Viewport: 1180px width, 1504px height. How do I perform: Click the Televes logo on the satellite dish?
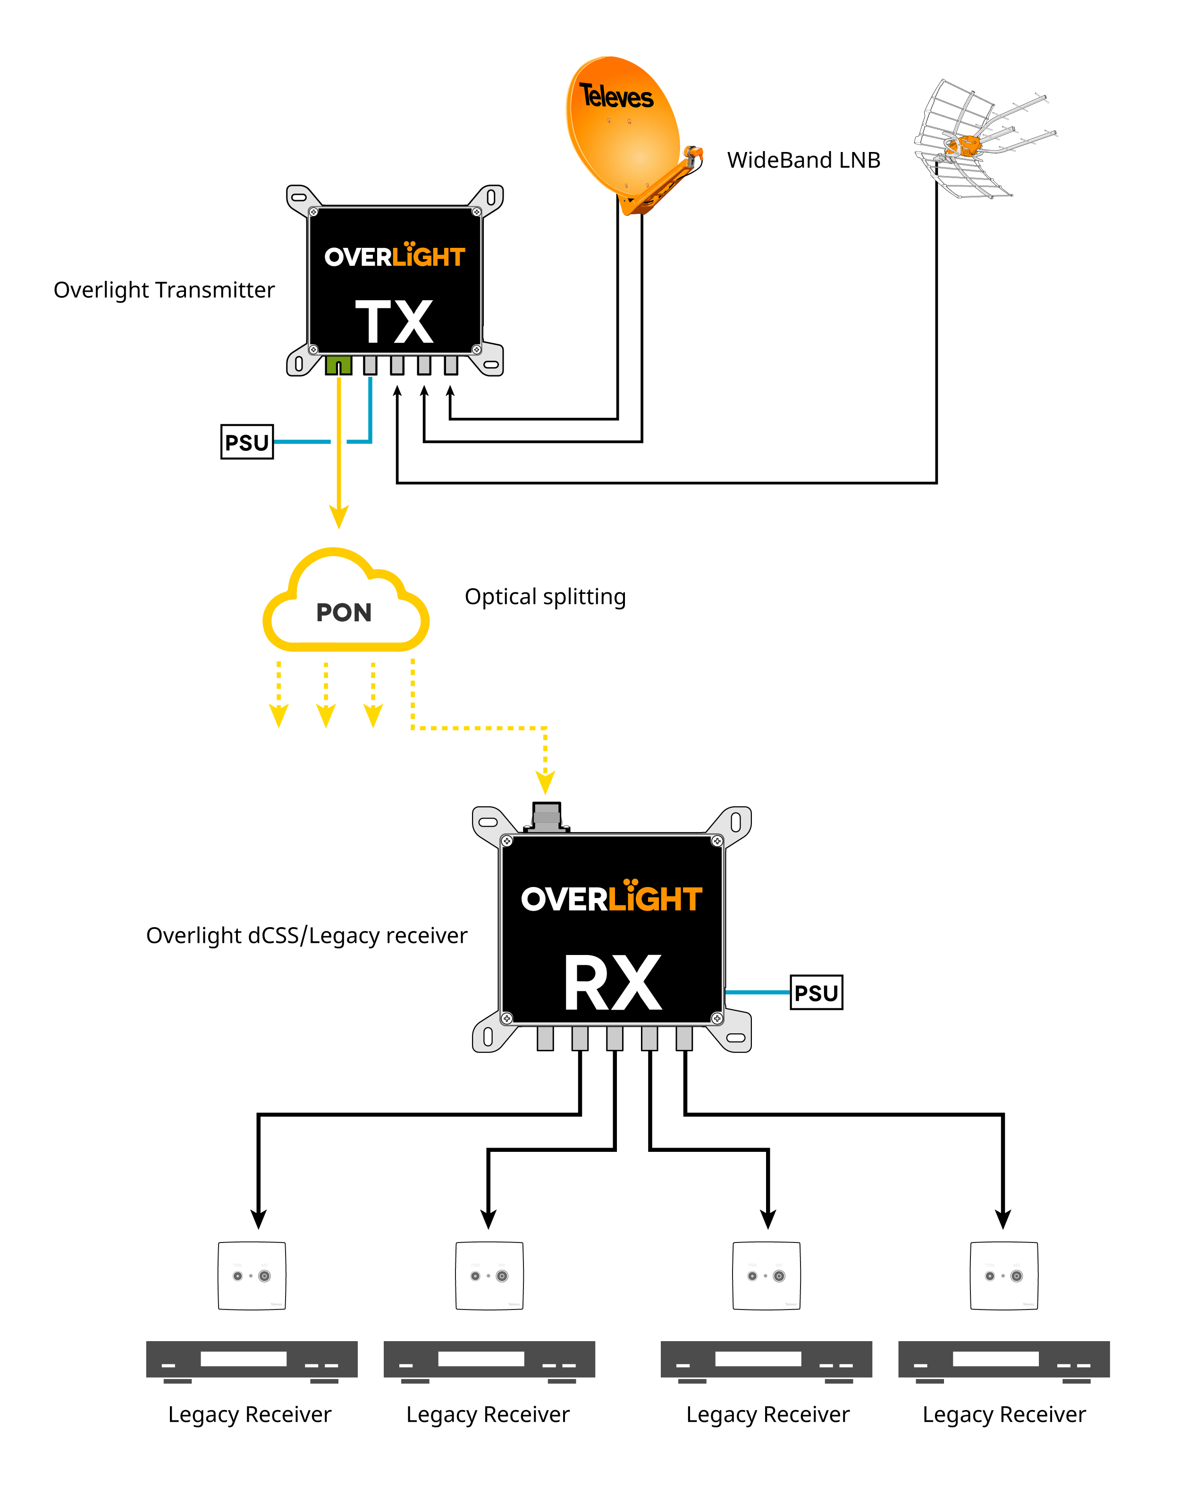(x=615, y=97)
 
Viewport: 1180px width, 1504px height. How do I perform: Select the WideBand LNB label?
(x=803, y=161)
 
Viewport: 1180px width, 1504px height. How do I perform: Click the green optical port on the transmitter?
(x=338, y=365)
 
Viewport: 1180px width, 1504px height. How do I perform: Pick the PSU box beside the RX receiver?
(x=816, y=993)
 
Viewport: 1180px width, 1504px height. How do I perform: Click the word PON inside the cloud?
(x=343, y=613)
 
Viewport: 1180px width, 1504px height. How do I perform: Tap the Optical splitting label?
(x=545, y=597)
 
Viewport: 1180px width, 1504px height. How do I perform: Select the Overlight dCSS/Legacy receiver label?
(x=307, y=936)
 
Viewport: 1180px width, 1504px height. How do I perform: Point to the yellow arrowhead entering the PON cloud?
(x=338, y=517)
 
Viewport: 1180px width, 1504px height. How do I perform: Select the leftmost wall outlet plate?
(x=252, y=1276)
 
